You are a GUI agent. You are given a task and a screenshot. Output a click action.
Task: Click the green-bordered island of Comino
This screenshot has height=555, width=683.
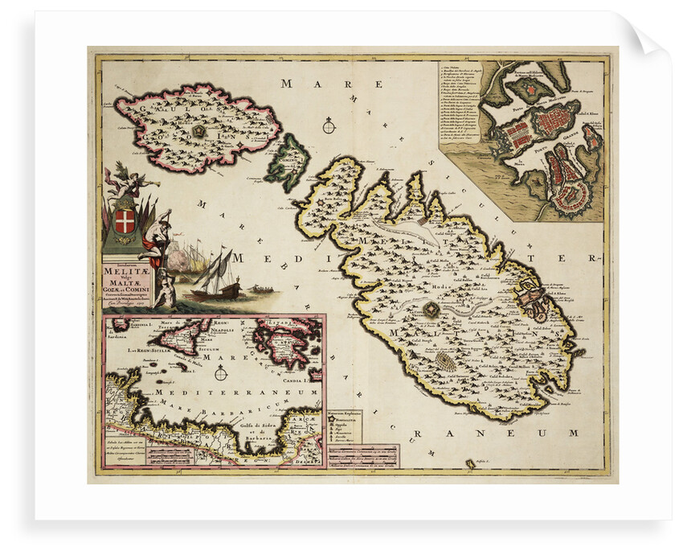(x=288, y=162)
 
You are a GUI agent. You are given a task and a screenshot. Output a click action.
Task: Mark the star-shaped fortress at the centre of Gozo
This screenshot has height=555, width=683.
(x=198, y=129)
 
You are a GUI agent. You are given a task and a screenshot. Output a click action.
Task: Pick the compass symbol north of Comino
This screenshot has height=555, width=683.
(x=329, y=125)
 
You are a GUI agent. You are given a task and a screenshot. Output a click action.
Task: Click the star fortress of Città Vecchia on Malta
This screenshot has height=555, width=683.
(x=433, y=309)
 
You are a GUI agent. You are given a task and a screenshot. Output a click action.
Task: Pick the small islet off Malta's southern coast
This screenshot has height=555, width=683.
(x=470, y=463)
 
